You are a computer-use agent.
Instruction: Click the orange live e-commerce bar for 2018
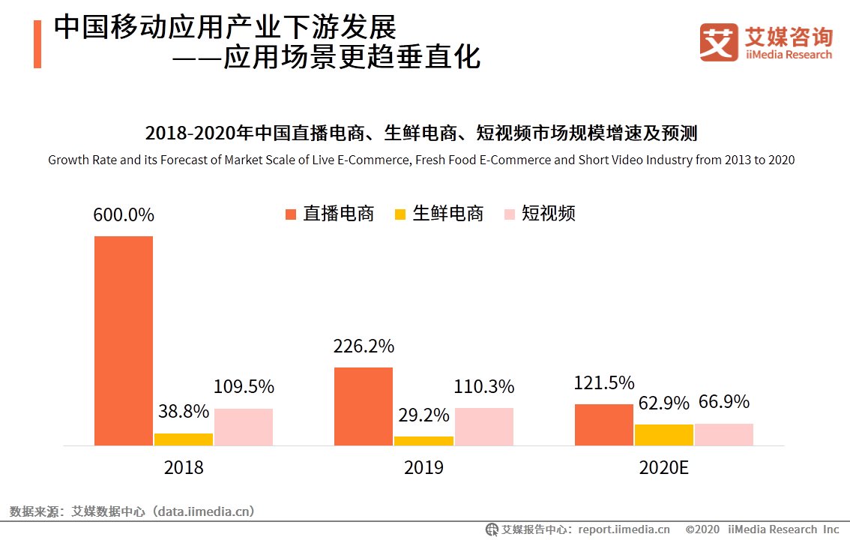tap(123, 340)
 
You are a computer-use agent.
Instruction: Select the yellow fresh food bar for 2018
tap(184, 439)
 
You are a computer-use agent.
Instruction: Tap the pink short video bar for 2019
tap(483, 427)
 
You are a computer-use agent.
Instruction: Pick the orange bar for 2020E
tap(603, 424)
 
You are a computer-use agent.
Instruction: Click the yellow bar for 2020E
tap(663, 435)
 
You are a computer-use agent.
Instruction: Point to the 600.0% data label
tap(124, 215)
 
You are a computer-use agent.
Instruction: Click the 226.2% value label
tap(364, 347)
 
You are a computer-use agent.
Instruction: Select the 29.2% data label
tap(424, 415)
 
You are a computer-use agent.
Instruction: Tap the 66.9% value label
tap(724, 403)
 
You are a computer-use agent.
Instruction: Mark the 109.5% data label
tap(244, 388)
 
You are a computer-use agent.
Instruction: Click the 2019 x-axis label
tap(424, 468)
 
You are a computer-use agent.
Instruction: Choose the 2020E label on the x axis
tap(663, 468)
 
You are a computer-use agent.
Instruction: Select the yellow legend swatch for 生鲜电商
tap(400, 214)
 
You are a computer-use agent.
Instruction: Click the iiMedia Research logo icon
tap(719, 43)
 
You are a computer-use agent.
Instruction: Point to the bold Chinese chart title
tap(421, 133)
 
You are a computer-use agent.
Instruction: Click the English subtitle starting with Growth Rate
tap(421, 160)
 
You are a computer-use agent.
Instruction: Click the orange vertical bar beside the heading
tap(37, 44)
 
